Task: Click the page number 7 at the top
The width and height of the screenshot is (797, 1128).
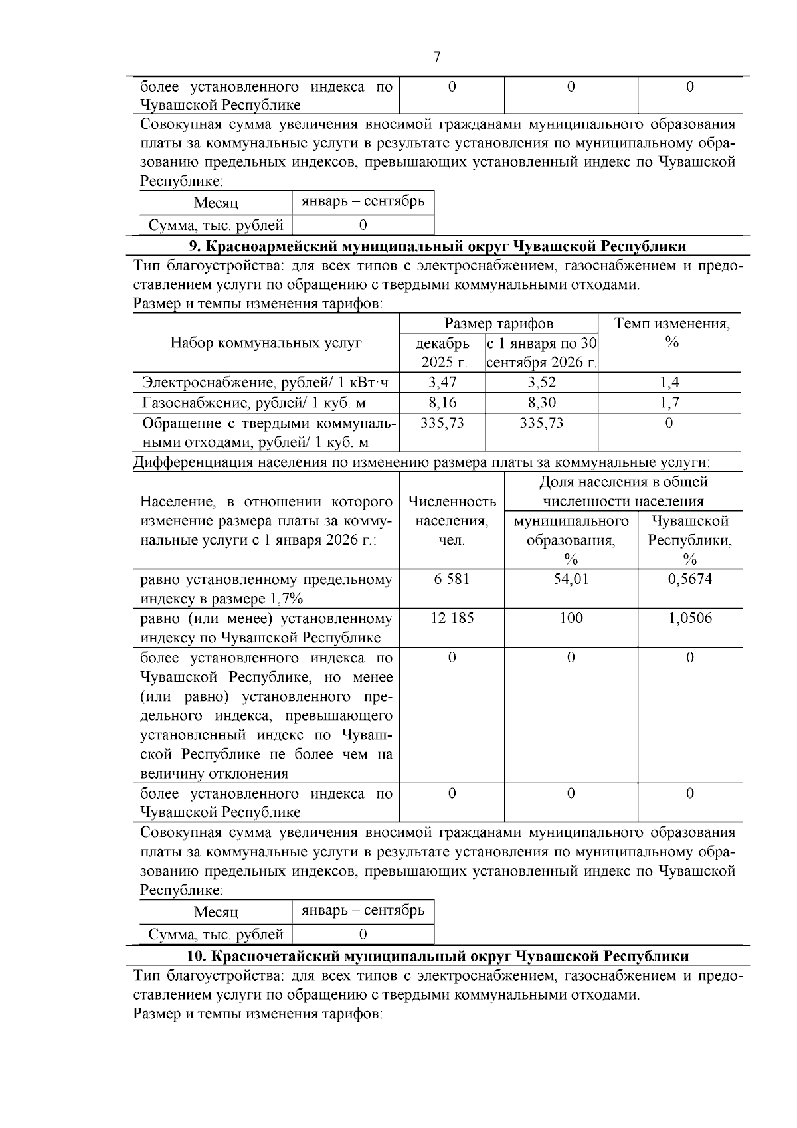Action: (x=436, y=58)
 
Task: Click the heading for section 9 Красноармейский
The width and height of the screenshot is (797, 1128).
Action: (x=438, y=246)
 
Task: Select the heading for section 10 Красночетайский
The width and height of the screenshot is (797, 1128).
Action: (x=438, y=956)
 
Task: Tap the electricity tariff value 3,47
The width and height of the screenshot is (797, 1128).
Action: (x=442, y=382)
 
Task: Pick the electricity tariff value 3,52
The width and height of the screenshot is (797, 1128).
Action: (x=541, y=382)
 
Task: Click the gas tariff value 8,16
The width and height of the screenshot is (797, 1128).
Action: (x=442, y=403)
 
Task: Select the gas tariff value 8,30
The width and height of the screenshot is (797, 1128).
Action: (x=541, y=403)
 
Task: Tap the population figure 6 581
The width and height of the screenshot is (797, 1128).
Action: (x=452, y=579)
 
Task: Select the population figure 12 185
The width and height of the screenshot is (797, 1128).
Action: (x=452, y=618)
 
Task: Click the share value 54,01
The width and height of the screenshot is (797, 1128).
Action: (x=571, y=579)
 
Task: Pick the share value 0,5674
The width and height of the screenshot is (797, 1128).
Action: (x=689, y=579)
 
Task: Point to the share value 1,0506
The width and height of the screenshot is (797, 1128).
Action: (x=689, y=618)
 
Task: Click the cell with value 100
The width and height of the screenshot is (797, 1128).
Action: (x=571, y=618)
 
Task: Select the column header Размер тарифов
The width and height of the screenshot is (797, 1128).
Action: (x=498, y=324)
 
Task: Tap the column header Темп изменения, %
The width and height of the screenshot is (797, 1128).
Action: (x=671, y=333)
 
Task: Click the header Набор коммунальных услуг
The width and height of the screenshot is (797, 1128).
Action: (x=266, y=343)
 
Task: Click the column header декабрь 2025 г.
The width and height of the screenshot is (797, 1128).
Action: (x=442, y=353)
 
